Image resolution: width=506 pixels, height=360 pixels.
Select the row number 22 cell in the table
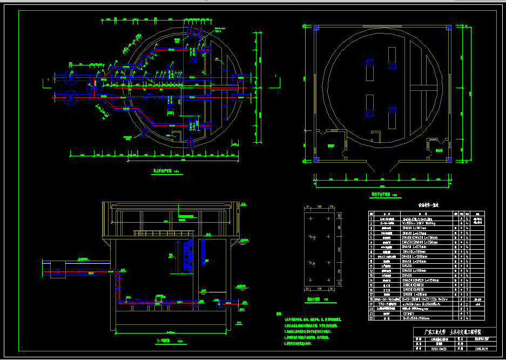click(371, 319)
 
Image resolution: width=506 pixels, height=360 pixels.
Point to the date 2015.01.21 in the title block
click(482, 349)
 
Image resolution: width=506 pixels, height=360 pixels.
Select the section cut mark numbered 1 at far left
click(49, 79)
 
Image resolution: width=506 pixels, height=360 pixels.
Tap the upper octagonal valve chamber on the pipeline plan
click(71, 77)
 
